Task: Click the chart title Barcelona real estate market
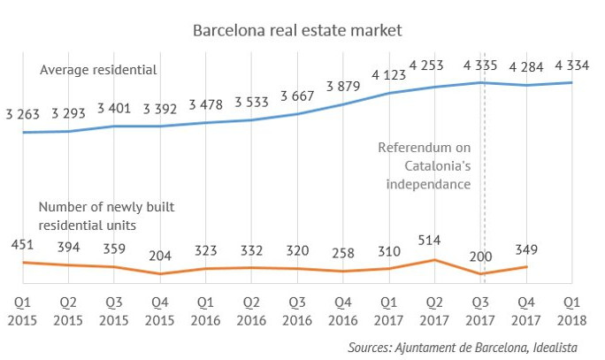pos(297,31)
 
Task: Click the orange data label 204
pos(160,256)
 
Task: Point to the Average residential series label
pos(97,68)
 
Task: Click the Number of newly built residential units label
pos(106,216)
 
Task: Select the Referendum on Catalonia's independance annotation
pos(425,165)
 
